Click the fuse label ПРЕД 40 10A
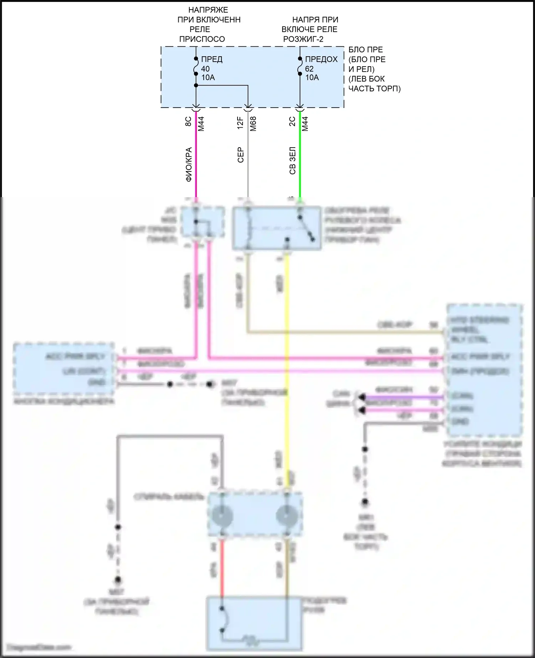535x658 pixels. point(211,68)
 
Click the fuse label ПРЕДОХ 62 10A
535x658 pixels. point(320,68)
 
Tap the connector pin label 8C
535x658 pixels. point(188,122)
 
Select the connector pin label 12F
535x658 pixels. point(240,123)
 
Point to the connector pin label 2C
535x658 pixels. point(292,122)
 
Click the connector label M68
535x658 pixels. point(253,124)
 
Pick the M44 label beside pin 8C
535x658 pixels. point(201,124)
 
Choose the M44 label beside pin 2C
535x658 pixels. point(305,124)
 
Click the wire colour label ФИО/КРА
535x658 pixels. point(189,164)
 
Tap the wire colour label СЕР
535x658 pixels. point(240,155)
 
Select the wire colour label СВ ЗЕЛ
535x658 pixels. point(292,160)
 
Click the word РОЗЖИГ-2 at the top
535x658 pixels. point(303,39)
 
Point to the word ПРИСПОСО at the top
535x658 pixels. point(202,39)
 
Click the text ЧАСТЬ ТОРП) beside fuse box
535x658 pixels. point(374,88)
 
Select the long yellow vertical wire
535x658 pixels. point(287,356)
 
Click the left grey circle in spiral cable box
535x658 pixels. point(222,516)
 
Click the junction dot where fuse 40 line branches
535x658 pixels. point(196,86)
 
